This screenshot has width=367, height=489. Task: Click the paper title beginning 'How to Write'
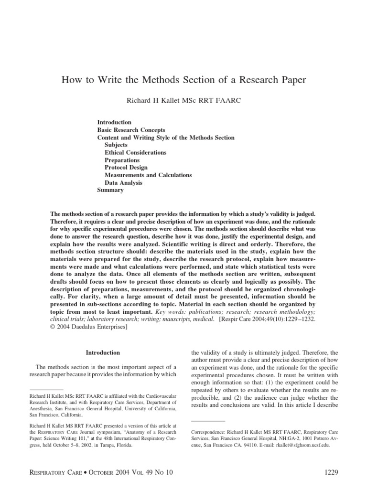(x=183, y=80)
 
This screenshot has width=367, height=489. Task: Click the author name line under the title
(x=183, y=101)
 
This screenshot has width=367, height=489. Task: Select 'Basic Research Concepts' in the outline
(x=131, y=130)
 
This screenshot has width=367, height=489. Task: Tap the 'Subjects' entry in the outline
(x=116, y=145)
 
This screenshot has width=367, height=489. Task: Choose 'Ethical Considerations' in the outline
(x=136, y=152)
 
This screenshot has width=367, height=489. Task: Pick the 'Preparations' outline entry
(x=122, y=160)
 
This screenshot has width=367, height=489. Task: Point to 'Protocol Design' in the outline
(x=126, y=168)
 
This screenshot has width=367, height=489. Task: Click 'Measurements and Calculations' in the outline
(x=148, y=175)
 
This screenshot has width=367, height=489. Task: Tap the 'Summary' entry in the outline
(x=110, y=190)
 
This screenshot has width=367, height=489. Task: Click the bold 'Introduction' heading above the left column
(x=103, y=352)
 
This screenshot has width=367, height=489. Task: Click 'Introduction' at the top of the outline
(x=114, y=122)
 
